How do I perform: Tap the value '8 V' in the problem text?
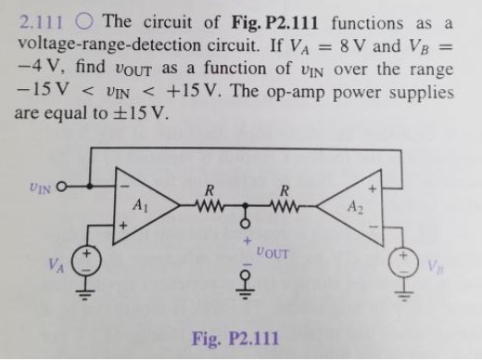coord(381,45)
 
